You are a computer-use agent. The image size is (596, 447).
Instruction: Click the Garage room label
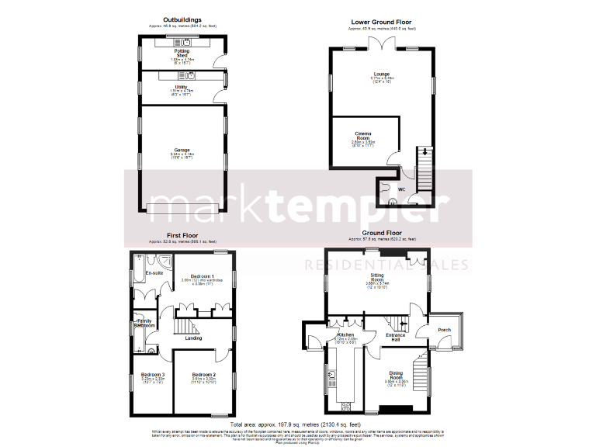tap(182, 150)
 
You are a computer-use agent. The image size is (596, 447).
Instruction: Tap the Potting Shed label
tap(182, 54)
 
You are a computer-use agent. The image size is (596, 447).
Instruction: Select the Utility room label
tap(182, 88)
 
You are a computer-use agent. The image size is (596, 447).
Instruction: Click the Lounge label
tap(381, 74)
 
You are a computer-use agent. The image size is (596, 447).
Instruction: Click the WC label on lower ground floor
tap(402, 189)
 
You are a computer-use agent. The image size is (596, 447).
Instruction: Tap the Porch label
tap(445, 330)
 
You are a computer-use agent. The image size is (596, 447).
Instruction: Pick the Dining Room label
tap(396, 374)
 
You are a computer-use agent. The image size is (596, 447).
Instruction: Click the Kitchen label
tap(345, 334)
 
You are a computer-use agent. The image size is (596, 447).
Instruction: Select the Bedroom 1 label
tap(203, 276)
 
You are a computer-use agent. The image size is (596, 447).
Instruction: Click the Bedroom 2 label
tap(204, 375)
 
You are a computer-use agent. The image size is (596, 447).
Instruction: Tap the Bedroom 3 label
tap(152, 375)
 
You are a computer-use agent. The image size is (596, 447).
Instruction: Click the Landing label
tap(193, 338)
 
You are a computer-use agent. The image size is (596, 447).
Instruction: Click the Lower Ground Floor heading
tap(380, 23)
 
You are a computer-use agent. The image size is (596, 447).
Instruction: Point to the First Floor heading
tap(182, 234)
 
